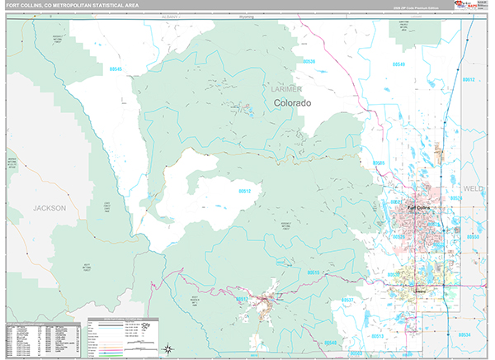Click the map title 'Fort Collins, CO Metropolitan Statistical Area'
[70, 6]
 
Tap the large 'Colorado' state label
[293, 102]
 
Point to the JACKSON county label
[49, 209]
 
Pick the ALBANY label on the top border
[171, 17]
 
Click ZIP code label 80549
[398, 64]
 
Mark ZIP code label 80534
[465, 334]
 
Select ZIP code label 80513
[376, 337]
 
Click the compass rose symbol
[167, 348]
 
